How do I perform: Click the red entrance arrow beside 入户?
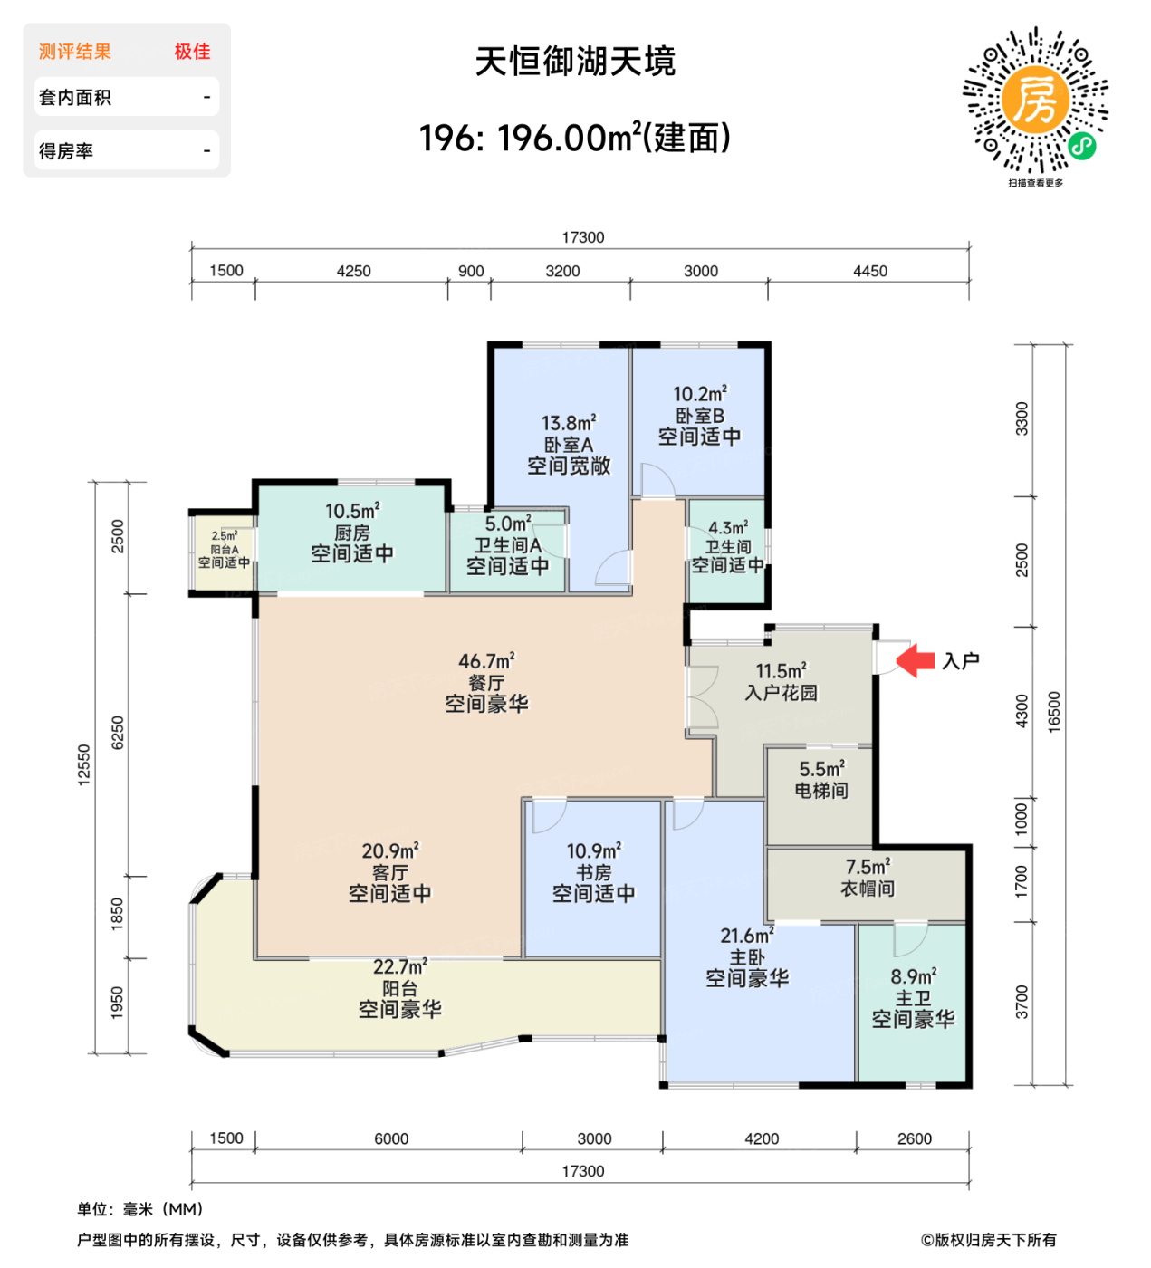[x=916, y=660]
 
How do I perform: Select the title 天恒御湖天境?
[x=575, y=62]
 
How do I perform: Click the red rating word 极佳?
[x=192, y=52]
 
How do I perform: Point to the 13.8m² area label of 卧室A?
[x=569, y=423]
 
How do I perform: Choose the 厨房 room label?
[x=352, y=533]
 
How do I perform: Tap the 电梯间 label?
[x=821, y=791]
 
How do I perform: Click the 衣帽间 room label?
[x=868, y=889]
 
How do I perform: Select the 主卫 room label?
[x=913, y=998]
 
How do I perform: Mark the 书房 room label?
[x=594, y=872]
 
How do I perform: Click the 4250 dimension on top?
[x=353, y=271]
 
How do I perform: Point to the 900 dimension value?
[x=471, y=271]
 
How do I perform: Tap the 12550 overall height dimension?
[x=84, y=765]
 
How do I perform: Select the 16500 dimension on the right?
[x=1054, y=712]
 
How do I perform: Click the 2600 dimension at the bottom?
[x=914, y=1138]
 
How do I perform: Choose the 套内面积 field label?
[x=75, y=98]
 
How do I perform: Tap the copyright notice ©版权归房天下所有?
[x=988, y=1240]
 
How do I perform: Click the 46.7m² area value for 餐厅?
[x=486, y=661]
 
